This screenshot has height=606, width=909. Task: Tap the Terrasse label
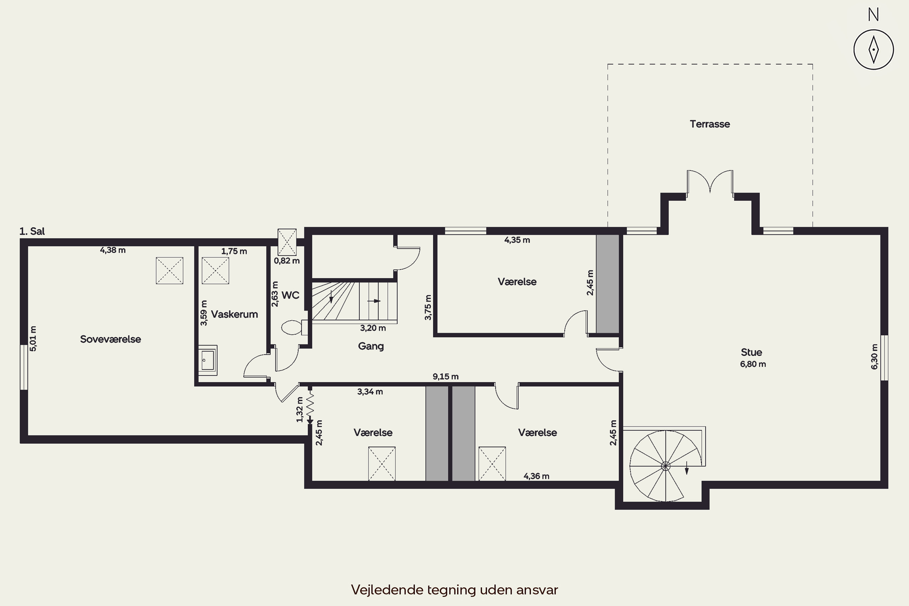[710, 124]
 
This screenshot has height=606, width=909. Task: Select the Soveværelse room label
[111, 339]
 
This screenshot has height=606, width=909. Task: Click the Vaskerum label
[235, 314]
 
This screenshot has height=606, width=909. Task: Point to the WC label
[290, 295]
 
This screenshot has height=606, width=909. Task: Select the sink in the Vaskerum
[208, 360]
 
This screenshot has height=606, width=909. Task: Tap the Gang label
[371, 346]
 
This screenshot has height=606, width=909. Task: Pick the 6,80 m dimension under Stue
[753, 364]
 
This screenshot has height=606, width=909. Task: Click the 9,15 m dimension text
[446, 376]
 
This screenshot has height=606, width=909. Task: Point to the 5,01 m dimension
[33, 338]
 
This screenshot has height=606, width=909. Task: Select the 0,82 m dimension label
[287, 261]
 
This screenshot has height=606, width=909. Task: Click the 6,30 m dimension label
[874, 357]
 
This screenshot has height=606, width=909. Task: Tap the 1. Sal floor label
[32, 231]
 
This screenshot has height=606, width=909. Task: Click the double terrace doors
[710, 181]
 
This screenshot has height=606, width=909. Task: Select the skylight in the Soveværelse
[169, 271]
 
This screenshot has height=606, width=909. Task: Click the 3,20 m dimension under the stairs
[373, 328]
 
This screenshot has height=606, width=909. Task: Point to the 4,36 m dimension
[536, 476]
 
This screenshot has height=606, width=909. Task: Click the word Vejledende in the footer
[387, 590]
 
